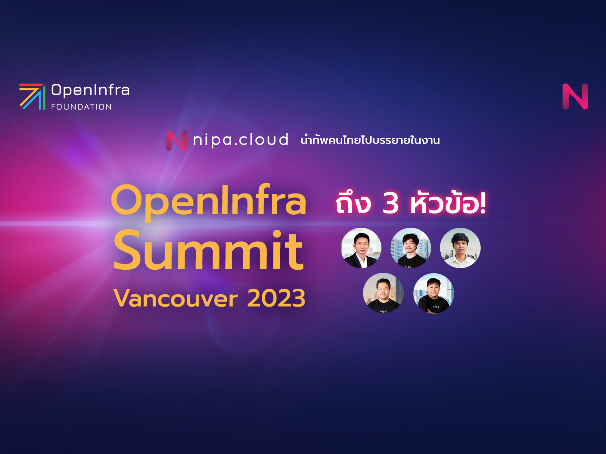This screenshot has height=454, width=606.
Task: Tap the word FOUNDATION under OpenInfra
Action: (81, 107)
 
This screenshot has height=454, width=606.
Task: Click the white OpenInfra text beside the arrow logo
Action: (90, 90)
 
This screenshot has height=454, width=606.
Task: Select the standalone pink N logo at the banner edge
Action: (575, 97)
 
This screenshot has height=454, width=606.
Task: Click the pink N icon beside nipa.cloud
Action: (176, 140)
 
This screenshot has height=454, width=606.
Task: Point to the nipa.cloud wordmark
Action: (240, 140)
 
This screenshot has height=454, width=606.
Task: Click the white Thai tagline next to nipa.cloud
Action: (370, 140)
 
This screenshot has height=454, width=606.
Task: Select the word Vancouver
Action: (175, 299)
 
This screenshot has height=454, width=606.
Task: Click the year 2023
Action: (276, 299)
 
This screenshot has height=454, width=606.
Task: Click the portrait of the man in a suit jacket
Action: (361, 248)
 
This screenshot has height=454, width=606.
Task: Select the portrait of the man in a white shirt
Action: (460, 248)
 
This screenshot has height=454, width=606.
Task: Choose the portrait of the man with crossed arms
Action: (434, 293)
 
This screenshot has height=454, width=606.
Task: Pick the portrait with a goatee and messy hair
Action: (410, 248)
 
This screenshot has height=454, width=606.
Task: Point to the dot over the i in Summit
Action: (277, 234)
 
